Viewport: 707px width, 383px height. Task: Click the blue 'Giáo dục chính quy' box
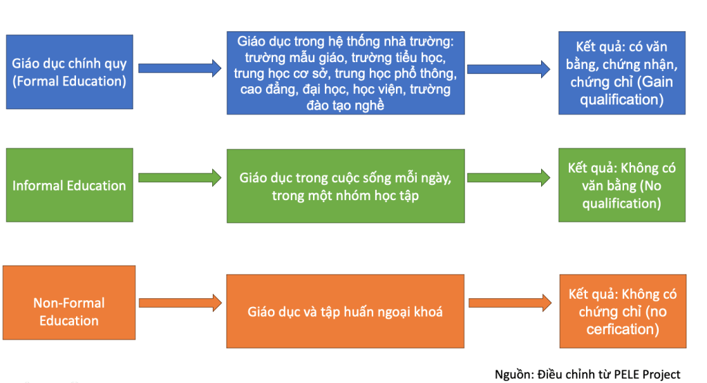coord(69,72)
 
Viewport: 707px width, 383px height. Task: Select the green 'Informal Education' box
coord(69,185)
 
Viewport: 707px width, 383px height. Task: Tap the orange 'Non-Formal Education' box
coord(69,311)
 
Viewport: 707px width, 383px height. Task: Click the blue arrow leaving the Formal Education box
coord(180,68)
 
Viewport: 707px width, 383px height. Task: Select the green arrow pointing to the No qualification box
coord(509,177)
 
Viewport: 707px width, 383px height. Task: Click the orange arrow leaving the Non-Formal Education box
coord(180,302)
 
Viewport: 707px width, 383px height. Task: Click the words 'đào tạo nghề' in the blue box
coord(346,105)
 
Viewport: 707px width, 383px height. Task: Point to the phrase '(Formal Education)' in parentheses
coord(69,81)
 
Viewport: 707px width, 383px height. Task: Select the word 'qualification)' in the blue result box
coord(622,99)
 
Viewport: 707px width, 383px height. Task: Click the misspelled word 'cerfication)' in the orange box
coord(622,329)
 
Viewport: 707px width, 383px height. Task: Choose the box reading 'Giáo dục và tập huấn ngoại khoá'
coord(346,311)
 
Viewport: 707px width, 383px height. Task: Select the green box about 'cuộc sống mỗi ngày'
coord(346,186)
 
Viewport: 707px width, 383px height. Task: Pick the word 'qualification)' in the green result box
coord(622,203)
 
